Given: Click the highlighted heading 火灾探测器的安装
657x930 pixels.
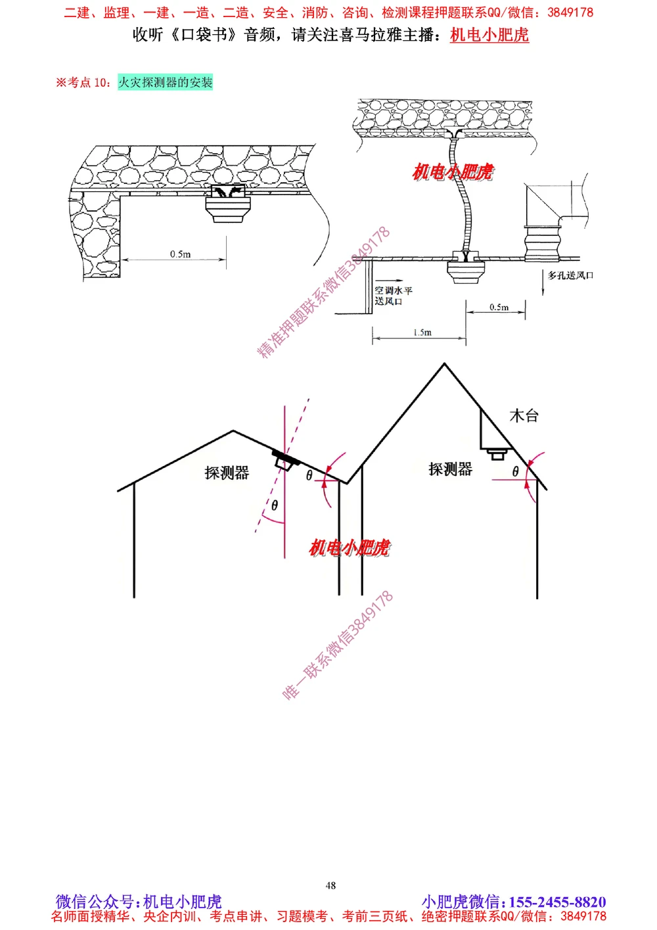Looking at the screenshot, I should [x=166, y=82].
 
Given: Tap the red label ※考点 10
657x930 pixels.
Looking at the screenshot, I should [x=83, y=82].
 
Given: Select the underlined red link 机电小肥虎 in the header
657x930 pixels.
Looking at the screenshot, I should [x=489, y=35].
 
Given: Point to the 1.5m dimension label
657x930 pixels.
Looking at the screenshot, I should [x=422, y=333].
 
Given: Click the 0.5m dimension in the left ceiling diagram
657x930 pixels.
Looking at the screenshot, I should [x=180, y=254].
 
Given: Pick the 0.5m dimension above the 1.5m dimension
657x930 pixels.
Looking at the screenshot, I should [x=499, y=307].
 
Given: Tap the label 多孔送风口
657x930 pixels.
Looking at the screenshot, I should [x=570, y=275].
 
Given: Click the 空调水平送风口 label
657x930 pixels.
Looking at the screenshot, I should [x=394, y=296].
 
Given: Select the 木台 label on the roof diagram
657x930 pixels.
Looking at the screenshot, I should [x=524, y=415].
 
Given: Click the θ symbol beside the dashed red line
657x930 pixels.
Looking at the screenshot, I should [x=275, y=505].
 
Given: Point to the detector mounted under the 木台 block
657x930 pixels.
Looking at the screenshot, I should [x=497, y=453].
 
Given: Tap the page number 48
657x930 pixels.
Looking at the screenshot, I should [x=330, y=885].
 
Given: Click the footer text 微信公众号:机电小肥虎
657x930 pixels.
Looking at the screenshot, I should [x=139, y=902].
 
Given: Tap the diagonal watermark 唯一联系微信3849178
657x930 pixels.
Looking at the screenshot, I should [x=338, y=645].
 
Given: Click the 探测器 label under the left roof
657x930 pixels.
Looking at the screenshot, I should [x=227, y=473].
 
